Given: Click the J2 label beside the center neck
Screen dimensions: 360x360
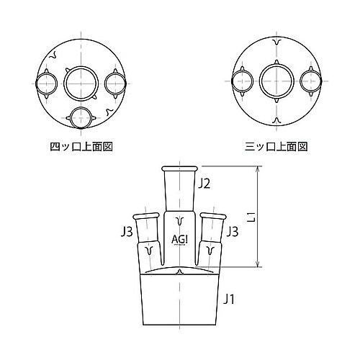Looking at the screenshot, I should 205,184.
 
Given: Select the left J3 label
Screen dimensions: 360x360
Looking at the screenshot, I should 126,232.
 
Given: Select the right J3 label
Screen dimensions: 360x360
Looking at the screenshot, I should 232,232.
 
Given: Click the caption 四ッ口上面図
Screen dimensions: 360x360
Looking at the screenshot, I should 82,146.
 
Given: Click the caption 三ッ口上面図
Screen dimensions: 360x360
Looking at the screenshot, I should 276,146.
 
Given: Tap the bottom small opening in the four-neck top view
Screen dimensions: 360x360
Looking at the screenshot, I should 82,115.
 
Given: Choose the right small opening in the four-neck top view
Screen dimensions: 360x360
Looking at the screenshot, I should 114,83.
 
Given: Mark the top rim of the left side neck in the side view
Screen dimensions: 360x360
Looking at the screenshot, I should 146,215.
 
